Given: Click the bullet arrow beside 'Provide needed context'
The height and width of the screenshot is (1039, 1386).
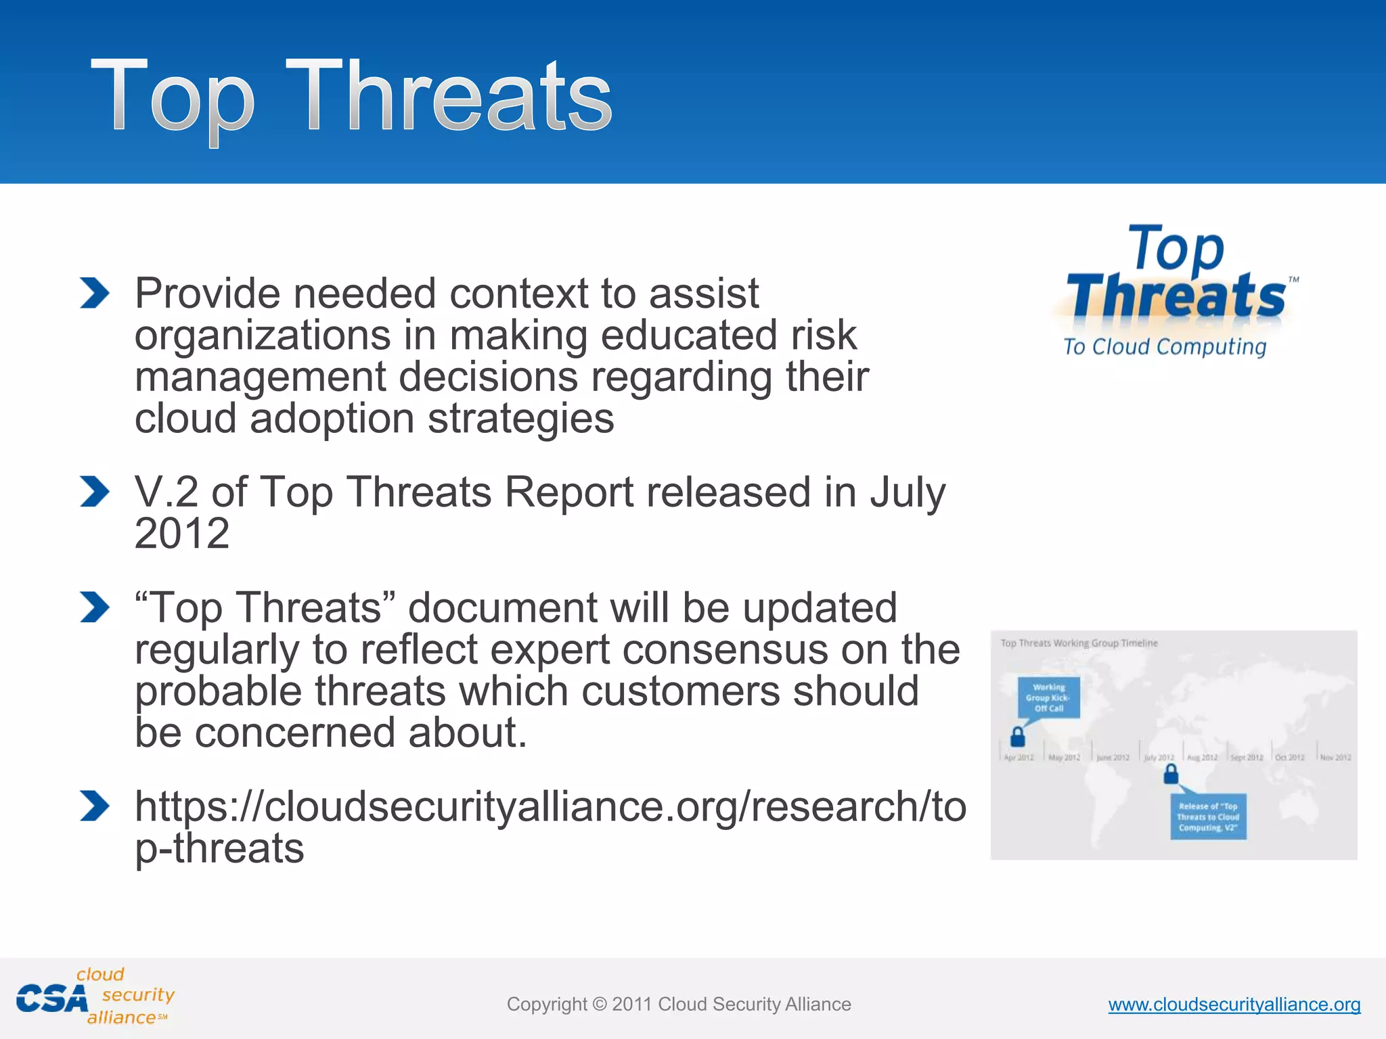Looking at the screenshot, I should coord(94,294).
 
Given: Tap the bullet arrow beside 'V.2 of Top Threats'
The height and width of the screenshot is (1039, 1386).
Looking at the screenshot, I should coord(94,491).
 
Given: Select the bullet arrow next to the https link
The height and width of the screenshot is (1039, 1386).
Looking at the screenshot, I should coord(94,806).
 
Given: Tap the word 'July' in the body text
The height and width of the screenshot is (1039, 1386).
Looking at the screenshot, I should coord(908,492).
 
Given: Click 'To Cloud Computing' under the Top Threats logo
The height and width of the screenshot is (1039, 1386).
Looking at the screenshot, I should coord(1164,347).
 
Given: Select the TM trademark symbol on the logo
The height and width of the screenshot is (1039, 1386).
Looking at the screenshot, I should coord(1293,279).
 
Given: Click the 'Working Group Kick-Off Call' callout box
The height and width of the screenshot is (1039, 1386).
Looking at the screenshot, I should coord(1048,697).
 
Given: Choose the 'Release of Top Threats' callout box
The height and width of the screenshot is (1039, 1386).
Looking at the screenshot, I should coord(1208,816).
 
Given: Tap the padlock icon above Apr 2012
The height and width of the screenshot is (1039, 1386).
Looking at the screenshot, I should coord(1017,735).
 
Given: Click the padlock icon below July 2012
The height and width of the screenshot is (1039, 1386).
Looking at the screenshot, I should coord(1171,775).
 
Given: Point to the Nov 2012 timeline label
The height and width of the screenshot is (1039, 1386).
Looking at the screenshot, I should coord(1335,758).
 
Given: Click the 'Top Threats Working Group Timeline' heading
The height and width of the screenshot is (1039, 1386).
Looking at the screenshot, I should coord(1079,643).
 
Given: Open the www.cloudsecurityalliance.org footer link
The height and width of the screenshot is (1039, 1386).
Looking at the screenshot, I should coord(1234,1005).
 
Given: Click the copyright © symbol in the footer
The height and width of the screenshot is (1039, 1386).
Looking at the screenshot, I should coord(600,1005).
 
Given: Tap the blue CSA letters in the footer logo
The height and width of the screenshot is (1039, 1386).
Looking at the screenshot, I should coord(52,999).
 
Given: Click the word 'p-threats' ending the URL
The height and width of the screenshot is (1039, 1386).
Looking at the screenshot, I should coord(219,848).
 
